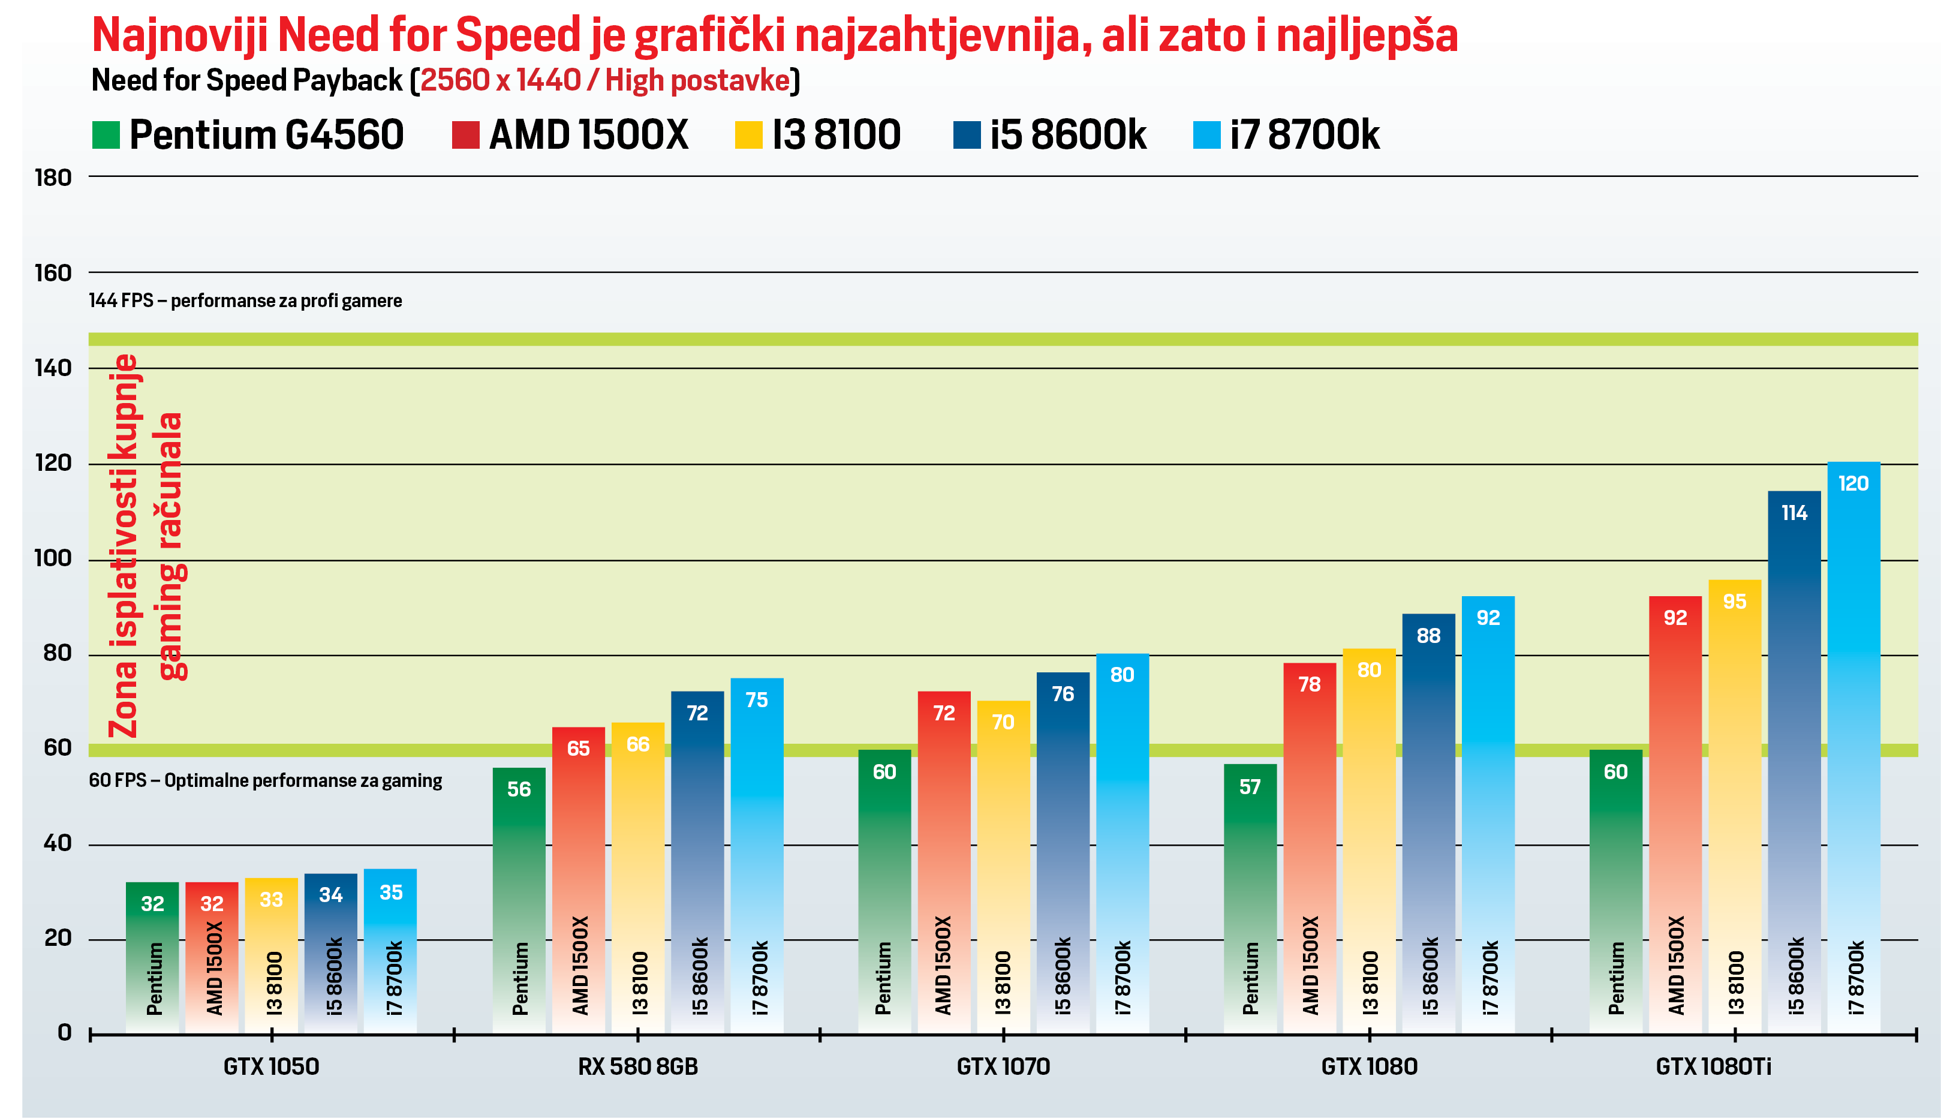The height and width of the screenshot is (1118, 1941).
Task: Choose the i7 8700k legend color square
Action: [1206, 135]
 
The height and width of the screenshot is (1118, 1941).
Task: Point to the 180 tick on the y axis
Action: [53, 178]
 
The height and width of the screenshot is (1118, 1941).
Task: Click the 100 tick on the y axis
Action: [53, 558]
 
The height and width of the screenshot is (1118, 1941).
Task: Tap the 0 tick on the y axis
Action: [65, 1033]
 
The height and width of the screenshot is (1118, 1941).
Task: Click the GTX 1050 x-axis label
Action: [271, 1066]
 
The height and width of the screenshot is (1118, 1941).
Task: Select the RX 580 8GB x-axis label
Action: [638, 1066]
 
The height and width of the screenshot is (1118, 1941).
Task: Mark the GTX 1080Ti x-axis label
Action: [1713, 1066]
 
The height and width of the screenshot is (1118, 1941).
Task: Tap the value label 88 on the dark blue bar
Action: [1428, 636]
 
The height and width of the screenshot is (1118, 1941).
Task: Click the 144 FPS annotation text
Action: [245, 301]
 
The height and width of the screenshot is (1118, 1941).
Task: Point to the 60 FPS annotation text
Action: [265, 781]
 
